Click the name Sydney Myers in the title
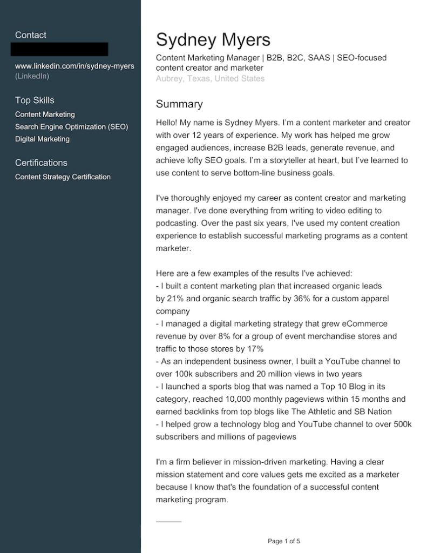[213, 39]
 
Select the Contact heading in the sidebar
[31, 35]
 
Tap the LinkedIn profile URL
[74, 66]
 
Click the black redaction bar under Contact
[59, 49]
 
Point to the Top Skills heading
[35, 100]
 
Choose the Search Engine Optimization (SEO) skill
[71, 127]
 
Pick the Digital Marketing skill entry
[42, 139]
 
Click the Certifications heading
[41, 163]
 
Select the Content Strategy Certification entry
[63, 177]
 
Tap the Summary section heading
[179, 104]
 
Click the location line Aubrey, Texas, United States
[210, 79]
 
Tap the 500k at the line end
[402, 424]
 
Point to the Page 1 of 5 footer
[283, 541]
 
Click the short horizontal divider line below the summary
[168, 522]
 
